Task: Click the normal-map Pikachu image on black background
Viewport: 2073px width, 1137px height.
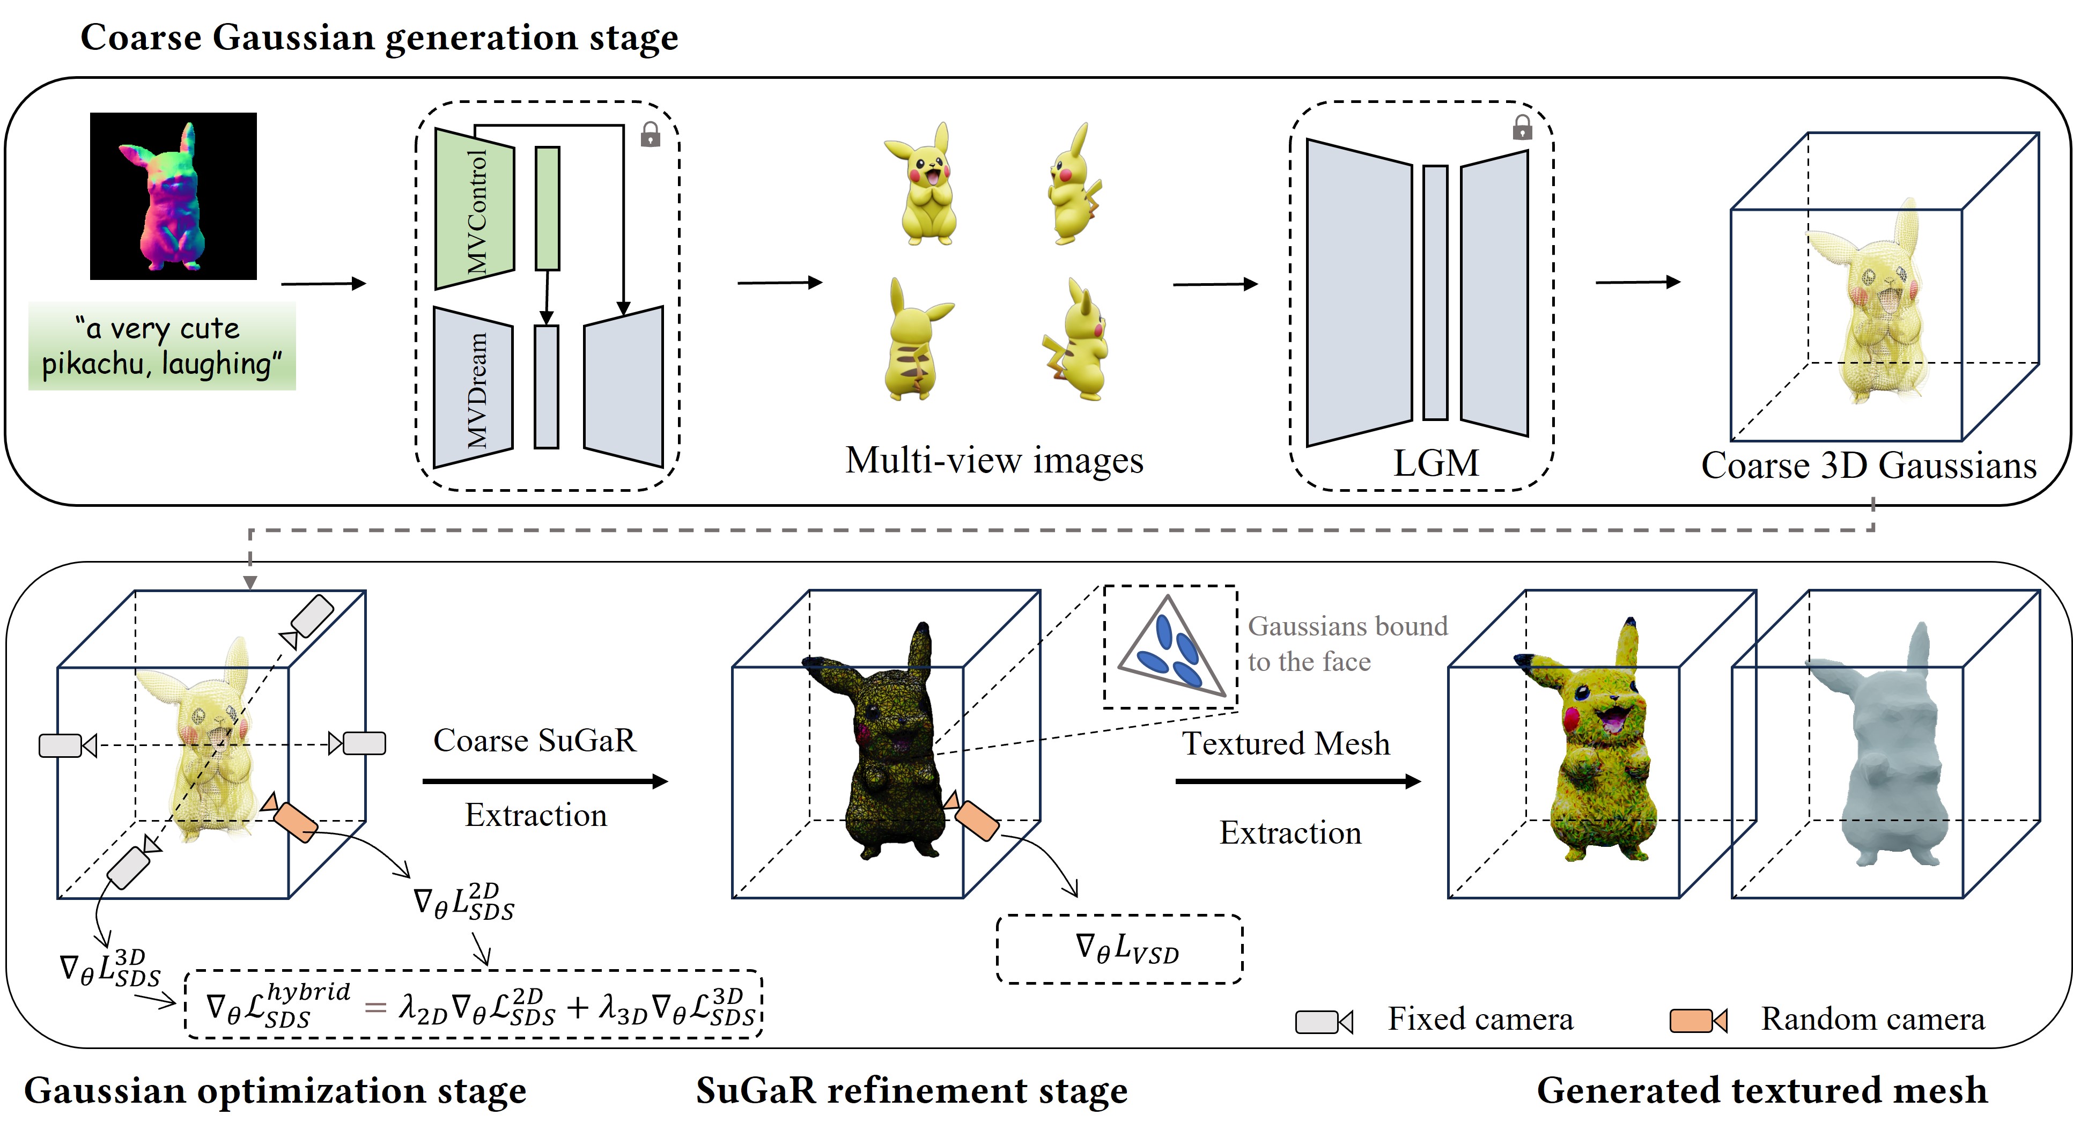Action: pos(173,196)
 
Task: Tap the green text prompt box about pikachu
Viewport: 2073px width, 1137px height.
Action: pos(162,346)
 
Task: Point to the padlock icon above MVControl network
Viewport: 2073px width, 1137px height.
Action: pos(650,135)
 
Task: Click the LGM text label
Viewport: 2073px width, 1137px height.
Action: pos(1436,463)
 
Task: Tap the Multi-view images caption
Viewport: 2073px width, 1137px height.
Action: pos(994,460)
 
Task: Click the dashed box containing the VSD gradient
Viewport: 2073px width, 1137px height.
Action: pos(1119,949)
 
